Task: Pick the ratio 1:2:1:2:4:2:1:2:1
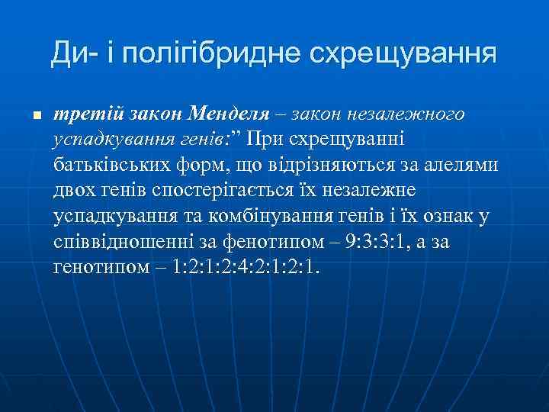coord(245,268)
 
